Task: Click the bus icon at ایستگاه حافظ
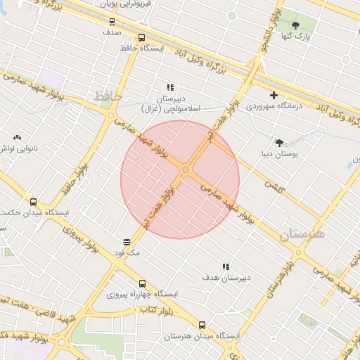[x=141, y=38]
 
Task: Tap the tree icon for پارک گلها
[x=295, y=25]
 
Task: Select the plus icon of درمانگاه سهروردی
[x=274, y=95]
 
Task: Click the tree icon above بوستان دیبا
[x=280, y=142]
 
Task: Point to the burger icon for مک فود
[x=127, y=241]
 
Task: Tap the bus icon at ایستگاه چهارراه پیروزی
[x=143, y=283]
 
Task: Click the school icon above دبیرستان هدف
[x=226, y=266]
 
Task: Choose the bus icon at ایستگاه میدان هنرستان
[x=202, y=325]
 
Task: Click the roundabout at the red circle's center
[x=186, y=170]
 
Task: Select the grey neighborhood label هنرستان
[x=302, y=235]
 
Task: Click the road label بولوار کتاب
[x=155, y=309]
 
